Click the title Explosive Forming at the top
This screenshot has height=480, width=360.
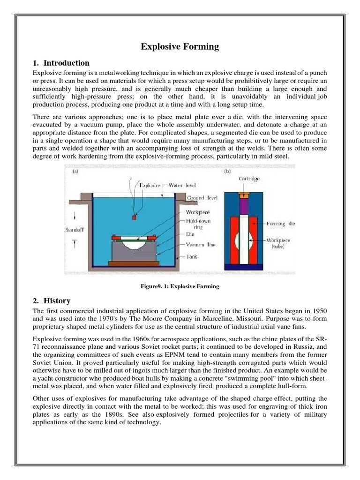pos(180,46)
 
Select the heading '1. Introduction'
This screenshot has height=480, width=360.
pos(61,63)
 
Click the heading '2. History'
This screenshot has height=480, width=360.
pos(52,300)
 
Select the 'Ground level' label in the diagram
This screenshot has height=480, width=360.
pos(202,198)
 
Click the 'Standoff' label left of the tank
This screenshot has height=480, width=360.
pos(75,230)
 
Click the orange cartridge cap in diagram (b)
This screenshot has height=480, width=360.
pos(244,194)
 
